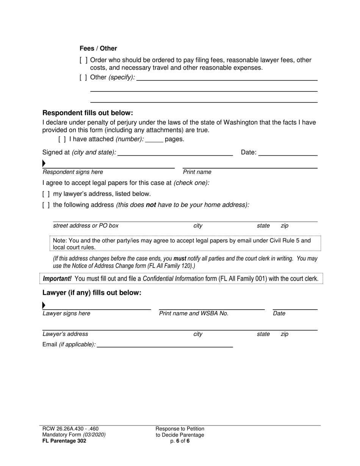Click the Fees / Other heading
(x=98, y=48)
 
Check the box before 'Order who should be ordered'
(x=84, y=60)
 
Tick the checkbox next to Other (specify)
(x=84, y=77)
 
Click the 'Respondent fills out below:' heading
(x=88, y=113)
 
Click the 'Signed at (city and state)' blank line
(x=175, y=153)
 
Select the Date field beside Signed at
(x=288, y=153)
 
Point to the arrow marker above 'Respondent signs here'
(x=44, y=164)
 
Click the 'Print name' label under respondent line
(x=197, y=172)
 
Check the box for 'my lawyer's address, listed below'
(x=46, y=194)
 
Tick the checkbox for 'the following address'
(x=46, y=205)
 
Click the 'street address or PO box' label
(x=86, y=226)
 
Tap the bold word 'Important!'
(x=57, y=279)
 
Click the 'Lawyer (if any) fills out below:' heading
(x=92, y=293)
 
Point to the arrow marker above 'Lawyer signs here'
(x=44, y=305)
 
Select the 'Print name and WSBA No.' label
(x=194, y=313)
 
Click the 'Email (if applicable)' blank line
(x=165, y=345)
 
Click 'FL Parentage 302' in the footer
(x=64, y=441)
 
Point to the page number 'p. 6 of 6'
(x=180, y=441)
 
